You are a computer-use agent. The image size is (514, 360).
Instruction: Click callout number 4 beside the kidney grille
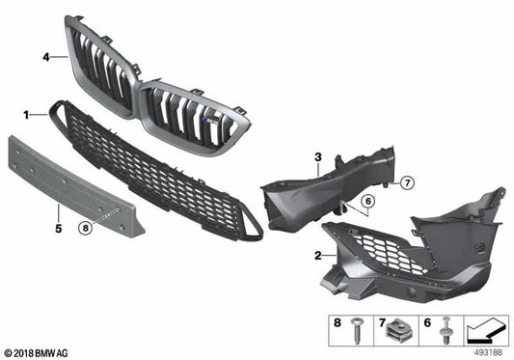pyautogui.click(x=45, y=57)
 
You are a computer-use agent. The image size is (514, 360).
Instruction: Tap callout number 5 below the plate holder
pyautogui.click(x=57, y=229)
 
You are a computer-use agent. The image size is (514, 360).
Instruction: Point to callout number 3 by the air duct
pyautogui.click(x=316, y=156)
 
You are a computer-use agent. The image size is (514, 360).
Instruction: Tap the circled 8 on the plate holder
pyautogui.click(x=86, y=228)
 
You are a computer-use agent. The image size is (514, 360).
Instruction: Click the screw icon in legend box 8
pyautogui.click(x=359, y=331)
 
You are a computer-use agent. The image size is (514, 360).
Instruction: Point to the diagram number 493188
pyautogui.click(x=493, y=352)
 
